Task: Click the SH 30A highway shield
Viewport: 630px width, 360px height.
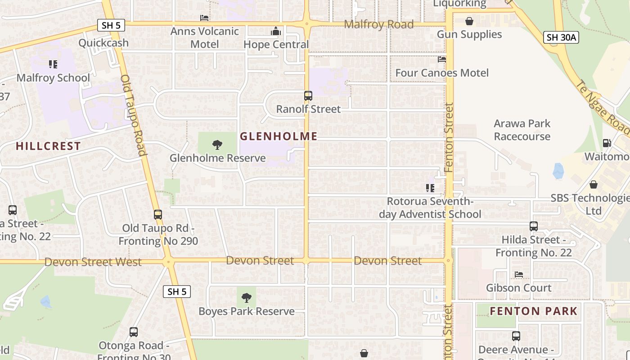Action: click(561, 37)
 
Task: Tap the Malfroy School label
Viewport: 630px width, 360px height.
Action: click(53, 78)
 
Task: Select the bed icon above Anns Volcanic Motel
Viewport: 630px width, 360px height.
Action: click(204, 18)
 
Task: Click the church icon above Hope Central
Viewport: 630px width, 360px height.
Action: click(276, 31)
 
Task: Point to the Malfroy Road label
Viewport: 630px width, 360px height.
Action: click(378, 24)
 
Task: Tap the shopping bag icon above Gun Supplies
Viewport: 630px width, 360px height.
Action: click(469, 21)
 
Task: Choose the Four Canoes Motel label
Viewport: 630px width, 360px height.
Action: click(441, 73)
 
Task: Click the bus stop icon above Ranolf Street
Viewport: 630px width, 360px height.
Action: click(308, 96)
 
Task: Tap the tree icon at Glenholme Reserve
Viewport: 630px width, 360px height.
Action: click(217, 145)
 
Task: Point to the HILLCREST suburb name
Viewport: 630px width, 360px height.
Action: click(48, 146)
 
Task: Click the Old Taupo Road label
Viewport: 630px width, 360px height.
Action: click(134, 115)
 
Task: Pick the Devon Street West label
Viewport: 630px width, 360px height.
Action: click(93, 262)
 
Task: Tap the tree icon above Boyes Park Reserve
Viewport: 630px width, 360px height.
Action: click(246, 297)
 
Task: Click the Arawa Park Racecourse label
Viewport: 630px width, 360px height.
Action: click(522, 130)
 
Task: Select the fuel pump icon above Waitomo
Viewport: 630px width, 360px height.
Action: click(607, 143)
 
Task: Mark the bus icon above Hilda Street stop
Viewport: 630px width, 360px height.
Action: click(534, 226)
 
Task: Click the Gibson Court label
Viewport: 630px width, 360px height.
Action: click(518, 288)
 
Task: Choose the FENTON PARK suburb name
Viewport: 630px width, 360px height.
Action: click(533, 311)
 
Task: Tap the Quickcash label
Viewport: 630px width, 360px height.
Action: click(103, 43)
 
